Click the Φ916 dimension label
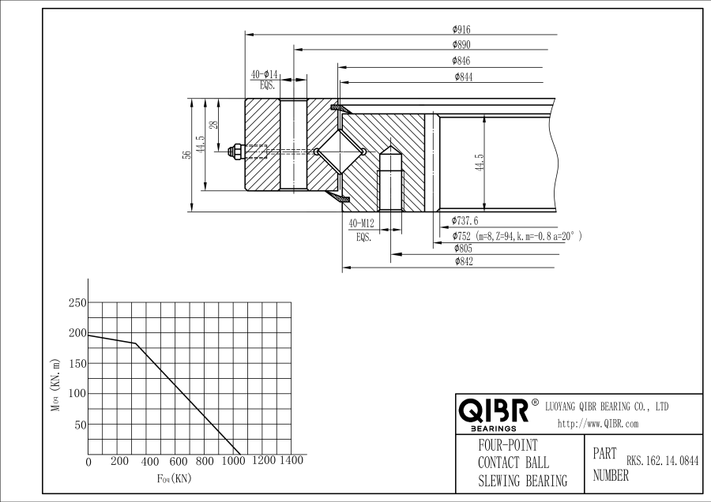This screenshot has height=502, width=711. click(x=462, y=29)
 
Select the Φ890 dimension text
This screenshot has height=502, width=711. click(x=462, y=44)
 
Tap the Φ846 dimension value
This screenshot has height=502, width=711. click(x=462, y=60)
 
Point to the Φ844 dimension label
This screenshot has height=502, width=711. click(x=464, y=77)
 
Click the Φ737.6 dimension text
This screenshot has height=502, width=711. click(x=465, y=221)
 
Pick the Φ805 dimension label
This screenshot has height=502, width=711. click(x=464, y=249)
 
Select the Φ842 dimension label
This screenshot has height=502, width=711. click(x=464, y=262)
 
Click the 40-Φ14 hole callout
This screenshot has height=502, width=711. click(x=265, y=74)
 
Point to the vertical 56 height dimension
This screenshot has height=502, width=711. click(x=186, y=155)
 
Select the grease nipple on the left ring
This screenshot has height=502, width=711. click(x=235, y=151)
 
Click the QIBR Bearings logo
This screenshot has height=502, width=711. click(x=495, y=413)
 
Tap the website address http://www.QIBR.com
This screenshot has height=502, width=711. click(x=597, y=424)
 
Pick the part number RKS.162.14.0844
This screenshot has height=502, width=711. click(x=663, y=459)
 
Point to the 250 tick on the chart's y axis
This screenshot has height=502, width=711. click(x=77, y=303)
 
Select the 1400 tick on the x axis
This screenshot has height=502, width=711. click(x=292, y=460)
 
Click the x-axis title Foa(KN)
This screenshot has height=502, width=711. click(x=174, y=478)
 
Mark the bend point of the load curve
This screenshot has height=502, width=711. click(x=135, y=343)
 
